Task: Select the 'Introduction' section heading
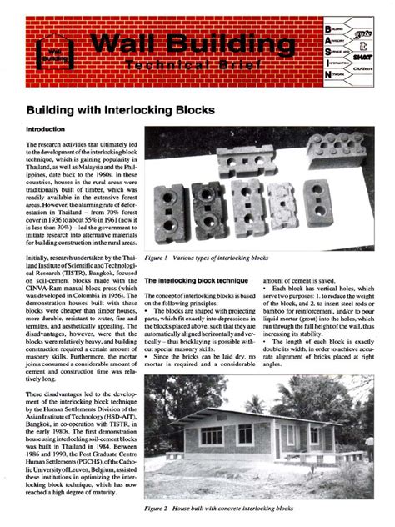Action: tap(51, 131)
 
